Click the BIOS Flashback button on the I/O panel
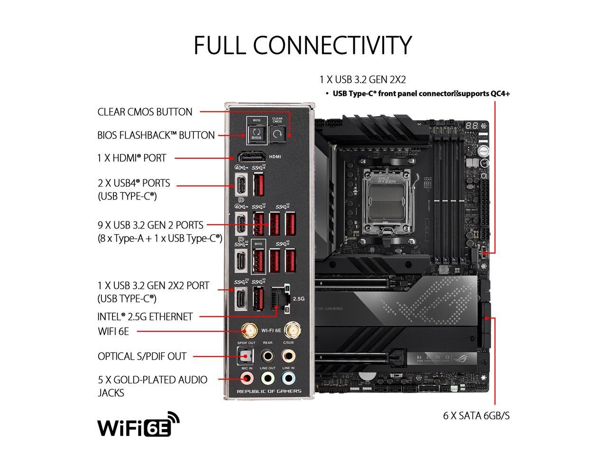257,133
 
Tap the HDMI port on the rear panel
251,157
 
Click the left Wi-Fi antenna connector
248,330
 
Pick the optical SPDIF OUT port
246,355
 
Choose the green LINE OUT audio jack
267,378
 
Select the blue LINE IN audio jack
288,378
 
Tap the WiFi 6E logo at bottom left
138,424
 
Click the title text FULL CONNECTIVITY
303,45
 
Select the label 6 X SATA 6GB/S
477,416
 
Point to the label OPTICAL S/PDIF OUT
142,356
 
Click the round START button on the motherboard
483,152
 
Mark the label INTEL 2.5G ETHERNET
145,317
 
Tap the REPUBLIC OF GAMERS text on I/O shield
269,391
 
